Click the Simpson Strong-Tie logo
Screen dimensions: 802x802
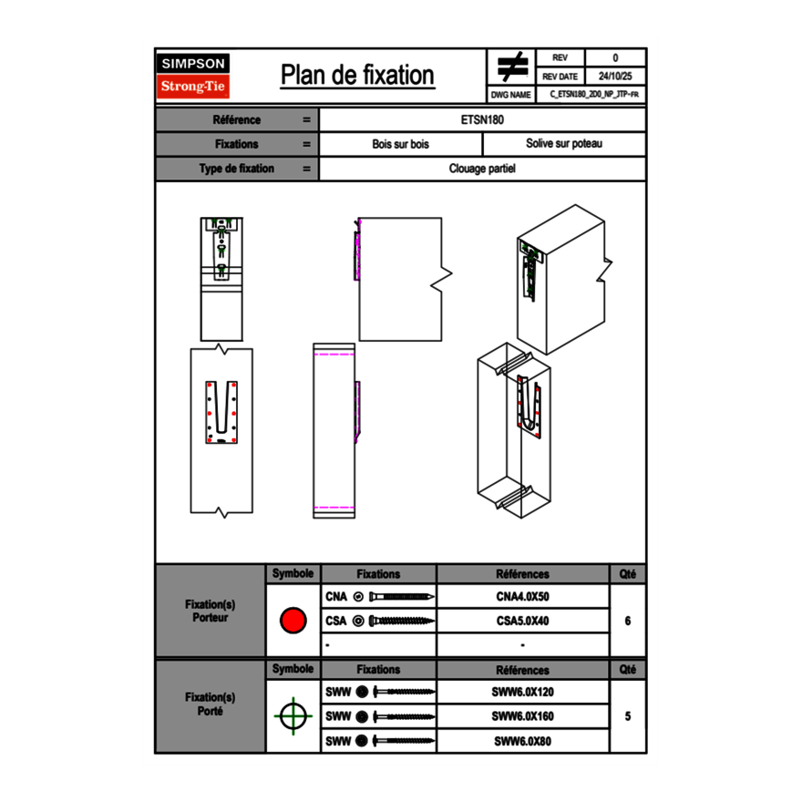(x=194, y=76)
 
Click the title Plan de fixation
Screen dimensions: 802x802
(x=357, y=76)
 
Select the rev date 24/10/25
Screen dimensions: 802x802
(x=615, y=77)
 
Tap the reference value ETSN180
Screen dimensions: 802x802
(x=482, y=119)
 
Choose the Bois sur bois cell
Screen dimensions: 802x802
(x=400, y=144)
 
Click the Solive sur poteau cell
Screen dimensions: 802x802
(x=563, y=144)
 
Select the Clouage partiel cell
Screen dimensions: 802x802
(x=482, y=169)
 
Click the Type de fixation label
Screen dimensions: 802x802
(x=236, y=169)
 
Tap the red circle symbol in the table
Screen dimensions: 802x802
(x=293, y=622)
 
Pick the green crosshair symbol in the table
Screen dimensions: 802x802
(x=292, y=716)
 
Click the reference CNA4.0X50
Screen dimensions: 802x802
(x=522, y=597)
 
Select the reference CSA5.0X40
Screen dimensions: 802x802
(x=522, y=622)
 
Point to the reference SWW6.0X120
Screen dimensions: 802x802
(x=522, y=692)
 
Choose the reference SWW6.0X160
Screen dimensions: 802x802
(x=522, y=716)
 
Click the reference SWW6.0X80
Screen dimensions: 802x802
(x=522, y=741)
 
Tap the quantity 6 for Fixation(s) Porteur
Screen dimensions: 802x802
(x=628, y=622)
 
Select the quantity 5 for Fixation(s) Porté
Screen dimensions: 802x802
(x=628, y=716)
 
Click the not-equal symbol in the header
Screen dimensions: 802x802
(x=512, y=67)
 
